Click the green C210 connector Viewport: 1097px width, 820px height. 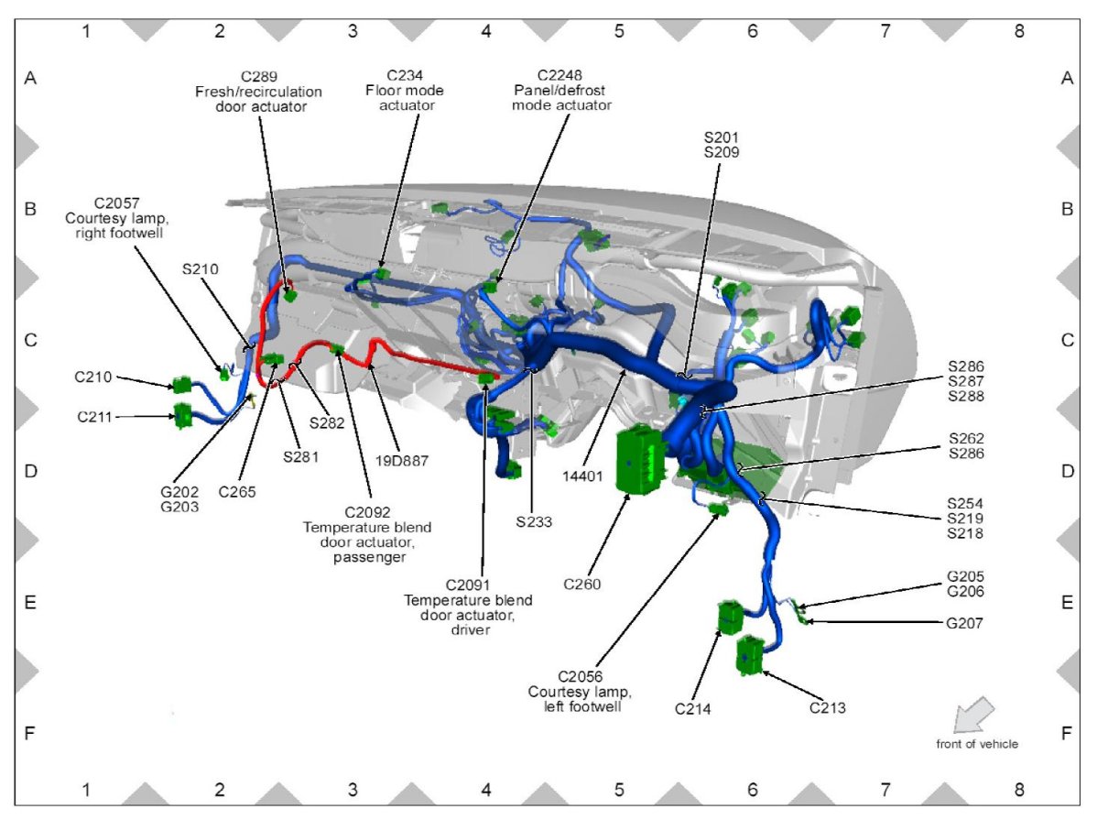click(x=181, y=386)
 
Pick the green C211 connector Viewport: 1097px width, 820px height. click(x=183, y=416)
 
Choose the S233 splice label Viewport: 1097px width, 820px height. click(x=535, y=522)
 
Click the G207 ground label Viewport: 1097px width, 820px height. click(x=966, y=623)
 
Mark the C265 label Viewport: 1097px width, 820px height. click(x=237, y=491)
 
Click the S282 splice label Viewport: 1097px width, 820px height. click(x=327, y=422)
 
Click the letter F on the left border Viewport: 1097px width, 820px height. click(x=29, y=734)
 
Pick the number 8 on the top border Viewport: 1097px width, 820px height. click(x=1019, y=30)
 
